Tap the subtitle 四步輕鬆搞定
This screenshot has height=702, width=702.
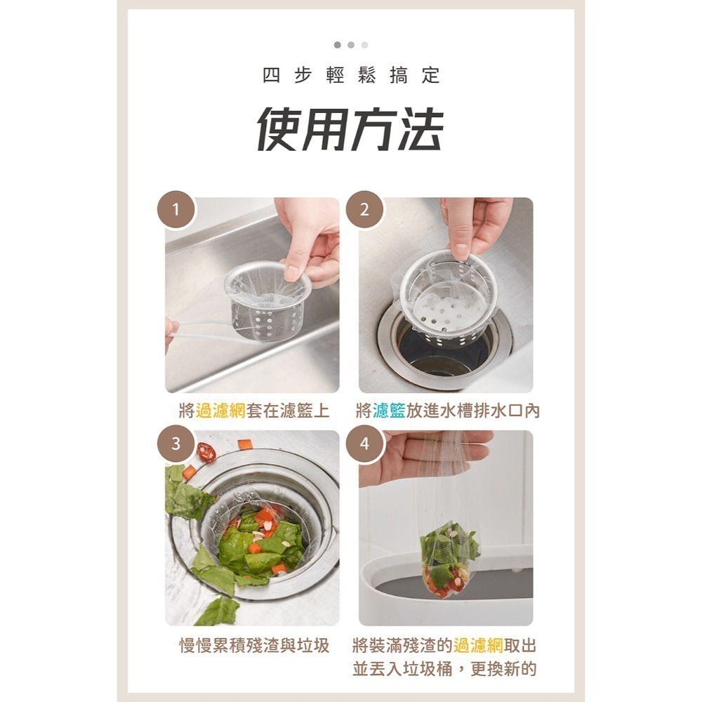click(x=351, y=76)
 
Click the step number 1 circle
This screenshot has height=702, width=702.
click(x=176, y=209)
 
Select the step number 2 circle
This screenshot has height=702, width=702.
click(x=364, y=209)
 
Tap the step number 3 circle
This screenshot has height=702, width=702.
click(x=176, y=444)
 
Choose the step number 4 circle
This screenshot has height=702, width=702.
click(x=364, y=444)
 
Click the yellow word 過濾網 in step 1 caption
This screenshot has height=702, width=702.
click(x=220, y=411)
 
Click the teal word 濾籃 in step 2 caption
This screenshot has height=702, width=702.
click(x=389, y=411)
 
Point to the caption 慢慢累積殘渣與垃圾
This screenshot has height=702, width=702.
click(x=254, y=646)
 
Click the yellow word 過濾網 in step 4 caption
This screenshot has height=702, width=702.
click(x=478, y=646)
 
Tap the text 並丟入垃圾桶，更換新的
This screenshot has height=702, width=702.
click(x=444, y=669)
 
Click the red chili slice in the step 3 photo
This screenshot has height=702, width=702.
click(x=206, y=452)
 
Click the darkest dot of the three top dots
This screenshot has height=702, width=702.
click(x=338, y=45)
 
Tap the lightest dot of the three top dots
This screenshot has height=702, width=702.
click(x=364, y=45)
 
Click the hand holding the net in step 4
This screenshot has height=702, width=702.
click(x=421, y=456)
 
